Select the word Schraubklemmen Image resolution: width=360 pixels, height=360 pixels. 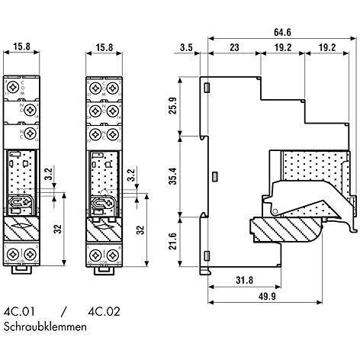pos(45,326)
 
